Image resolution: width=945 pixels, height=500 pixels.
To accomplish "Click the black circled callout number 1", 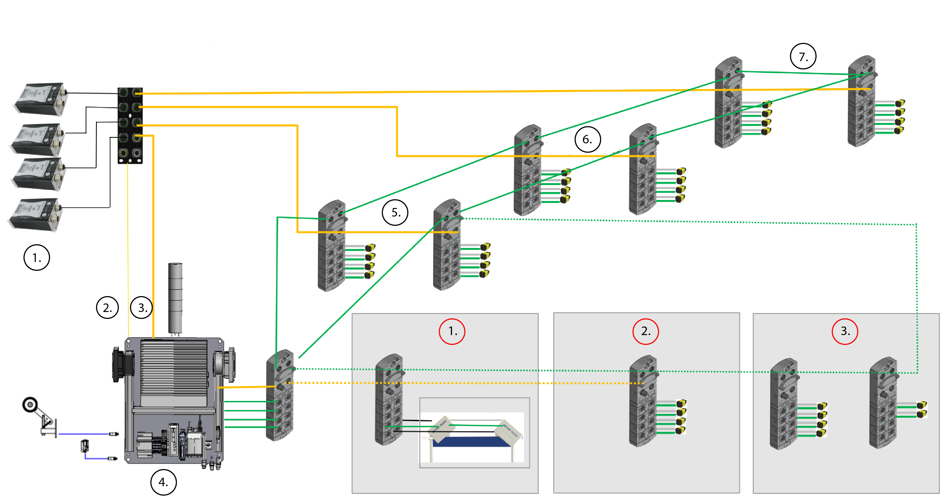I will click(x=37, y=258).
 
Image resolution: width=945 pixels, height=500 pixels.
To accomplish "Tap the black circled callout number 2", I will click(x=107, y=308).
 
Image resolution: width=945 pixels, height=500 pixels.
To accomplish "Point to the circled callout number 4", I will click(x=163, y=482).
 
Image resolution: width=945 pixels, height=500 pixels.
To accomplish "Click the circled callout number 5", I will click(x=395, y=213).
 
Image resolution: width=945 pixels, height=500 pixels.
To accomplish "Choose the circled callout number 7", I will click(x=803, y=57).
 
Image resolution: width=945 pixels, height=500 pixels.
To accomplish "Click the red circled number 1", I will click(x=452, y=331).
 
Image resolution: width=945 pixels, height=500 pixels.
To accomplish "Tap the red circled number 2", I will click(x=646, y=331).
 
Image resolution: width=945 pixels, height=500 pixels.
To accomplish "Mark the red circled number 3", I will click(x=845, y=331).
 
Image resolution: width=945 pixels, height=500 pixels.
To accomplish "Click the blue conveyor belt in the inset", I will click(x=471, y=442).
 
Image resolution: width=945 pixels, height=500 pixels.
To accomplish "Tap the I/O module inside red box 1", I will click(x=389, y=400).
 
